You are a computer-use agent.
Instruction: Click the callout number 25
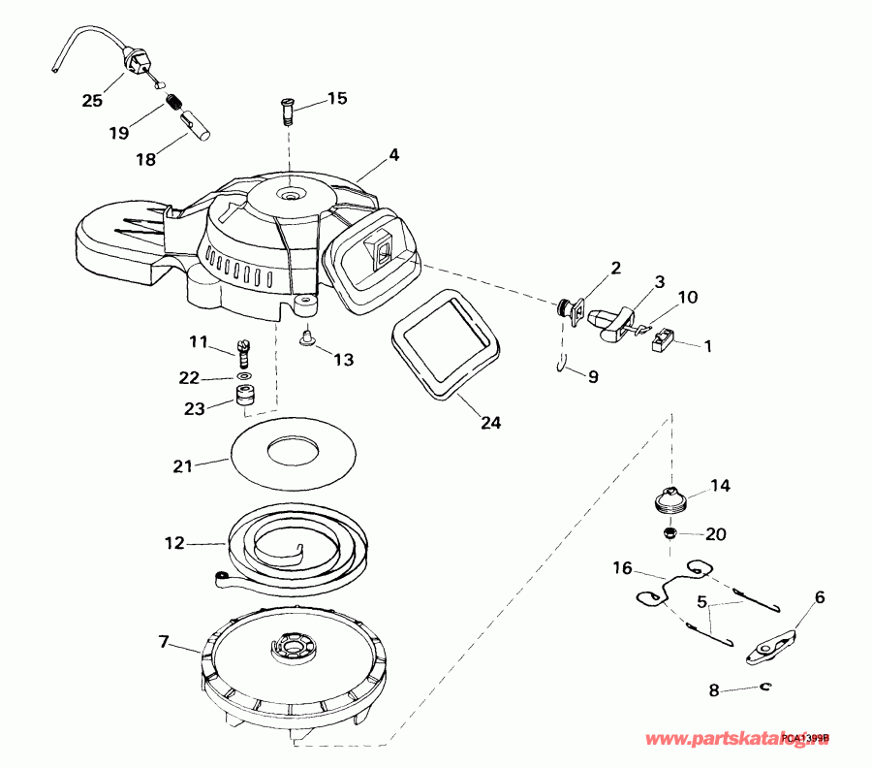[x=91, y=100]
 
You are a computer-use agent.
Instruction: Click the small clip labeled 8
[x=766, y=688]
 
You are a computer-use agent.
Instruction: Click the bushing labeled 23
[x=244, y=398]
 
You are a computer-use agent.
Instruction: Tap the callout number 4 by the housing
[x=393, y=154]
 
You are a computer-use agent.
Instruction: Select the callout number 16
[x=621, y=566]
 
